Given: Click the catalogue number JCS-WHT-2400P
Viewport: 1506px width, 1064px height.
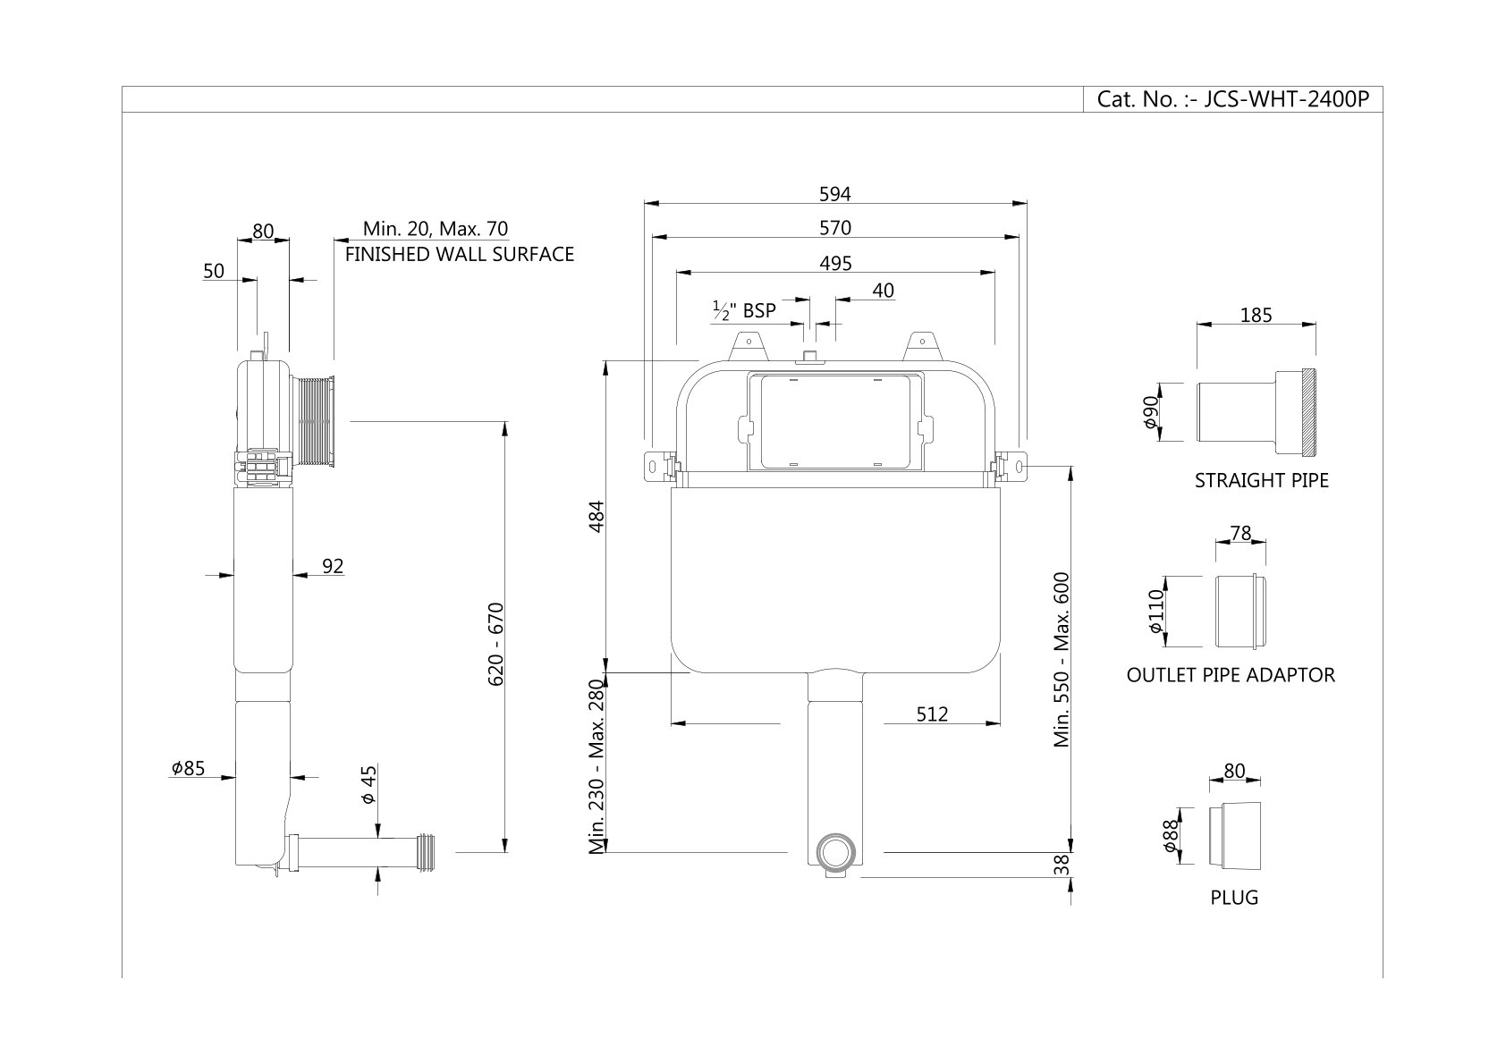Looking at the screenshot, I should coord(1232,99).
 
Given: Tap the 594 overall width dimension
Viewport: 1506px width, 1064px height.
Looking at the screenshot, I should coord(834,194).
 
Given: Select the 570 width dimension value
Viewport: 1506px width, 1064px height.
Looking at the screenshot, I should coord(834,228).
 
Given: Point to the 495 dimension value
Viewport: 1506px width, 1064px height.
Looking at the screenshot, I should coord(835,264).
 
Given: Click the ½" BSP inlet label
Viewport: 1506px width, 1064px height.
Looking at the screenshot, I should coord(744,311).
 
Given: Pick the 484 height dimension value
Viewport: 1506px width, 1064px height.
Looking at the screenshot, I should coord(597,516).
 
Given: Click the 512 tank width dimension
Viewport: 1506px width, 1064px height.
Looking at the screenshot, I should coord(931,714).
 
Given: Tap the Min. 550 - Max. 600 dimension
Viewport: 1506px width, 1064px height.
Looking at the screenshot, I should coord(1062,660).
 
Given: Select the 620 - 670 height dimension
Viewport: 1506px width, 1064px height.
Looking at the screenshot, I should coord(496,644).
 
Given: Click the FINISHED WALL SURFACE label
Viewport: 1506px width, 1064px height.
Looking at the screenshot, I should coord(460,255).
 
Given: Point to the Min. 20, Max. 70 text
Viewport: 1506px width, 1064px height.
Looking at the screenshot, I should coord(436,229).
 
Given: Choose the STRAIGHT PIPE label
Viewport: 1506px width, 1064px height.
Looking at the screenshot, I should coord(1261,481).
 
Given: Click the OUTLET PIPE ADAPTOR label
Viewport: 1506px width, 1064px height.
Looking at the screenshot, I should coord(1231,675).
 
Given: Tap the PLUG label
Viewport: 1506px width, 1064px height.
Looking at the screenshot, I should coord(1234,898).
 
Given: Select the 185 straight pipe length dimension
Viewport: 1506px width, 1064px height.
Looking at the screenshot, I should coord(1256,315).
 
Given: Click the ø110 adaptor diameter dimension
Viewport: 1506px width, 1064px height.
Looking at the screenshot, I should coord(1155,611).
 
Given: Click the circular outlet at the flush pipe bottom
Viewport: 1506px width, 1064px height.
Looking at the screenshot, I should coord(837,852).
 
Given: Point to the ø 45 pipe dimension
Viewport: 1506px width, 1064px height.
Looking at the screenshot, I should coord(368,784).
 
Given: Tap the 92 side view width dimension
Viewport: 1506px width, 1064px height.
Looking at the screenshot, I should coord(333,566).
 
